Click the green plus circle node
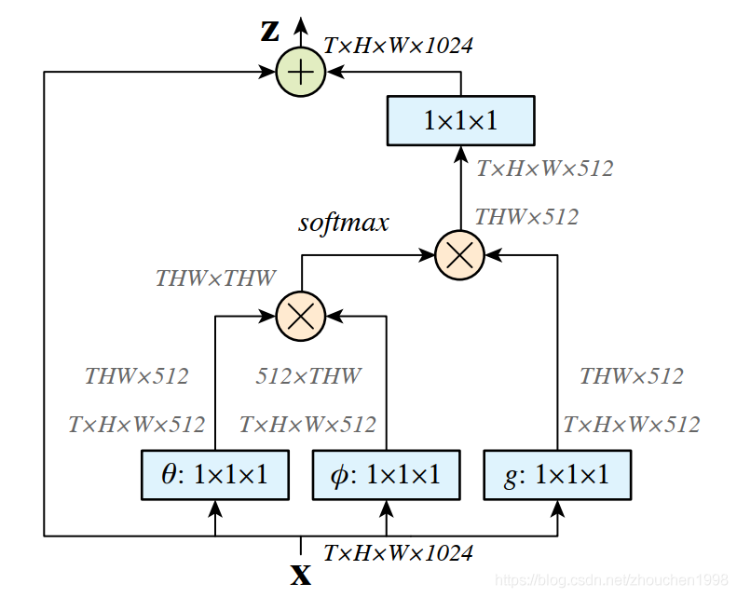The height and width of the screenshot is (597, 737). click(300, 71)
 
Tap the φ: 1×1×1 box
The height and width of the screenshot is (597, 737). click(386, 475)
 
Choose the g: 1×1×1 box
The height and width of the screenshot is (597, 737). click(557, 475)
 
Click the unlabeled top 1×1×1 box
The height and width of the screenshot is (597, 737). click(460, 120)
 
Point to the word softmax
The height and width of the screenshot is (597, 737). click(343, 224)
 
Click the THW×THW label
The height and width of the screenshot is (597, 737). click(215, 278)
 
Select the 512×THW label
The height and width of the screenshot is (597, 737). click(308, 376)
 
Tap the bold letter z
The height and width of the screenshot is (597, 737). click(269, 31)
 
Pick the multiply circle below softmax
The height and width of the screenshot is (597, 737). click(300, 316)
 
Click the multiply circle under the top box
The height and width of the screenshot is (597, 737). click(460, 254)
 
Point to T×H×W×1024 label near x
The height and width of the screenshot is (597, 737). click(398, 553)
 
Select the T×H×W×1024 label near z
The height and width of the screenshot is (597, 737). click(398, 45)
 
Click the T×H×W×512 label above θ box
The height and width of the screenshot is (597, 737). click(136, 425)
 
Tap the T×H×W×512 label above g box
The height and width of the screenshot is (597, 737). click(631, 425)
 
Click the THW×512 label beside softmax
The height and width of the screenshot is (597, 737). click(526, 217)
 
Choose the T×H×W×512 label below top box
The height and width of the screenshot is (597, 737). click(545, 169)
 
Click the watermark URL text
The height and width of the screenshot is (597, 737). click(612, 579)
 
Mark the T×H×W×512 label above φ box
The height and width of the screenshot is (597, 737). click(307, 425)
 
